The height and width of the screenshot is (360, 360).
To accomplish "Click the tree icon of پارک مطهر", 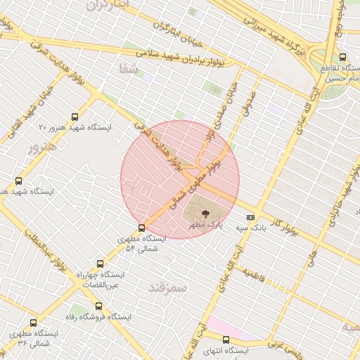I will pos(205,212).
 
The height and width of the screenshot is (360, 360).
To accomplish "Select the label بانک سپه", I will pos(251,229).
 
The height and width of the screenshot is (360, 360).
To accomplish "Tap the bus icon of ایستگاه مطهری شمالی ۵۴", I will pos(142,228).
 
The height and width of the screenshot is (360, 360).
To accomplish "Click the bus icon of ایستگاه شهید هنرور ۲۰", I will pos(75,117).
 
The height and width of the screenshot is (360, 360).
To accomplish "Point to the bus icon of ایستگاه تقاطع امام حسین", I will pos(342,57).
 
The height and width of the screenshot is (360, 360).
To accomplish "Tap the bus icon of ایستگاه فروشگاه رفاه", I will pos(98,306).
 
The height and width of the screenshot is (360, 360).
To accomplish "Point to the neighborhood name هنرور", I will pos(41,148).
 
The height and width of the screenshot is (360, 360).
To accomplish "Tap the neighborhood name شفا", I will pos(127,68).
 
